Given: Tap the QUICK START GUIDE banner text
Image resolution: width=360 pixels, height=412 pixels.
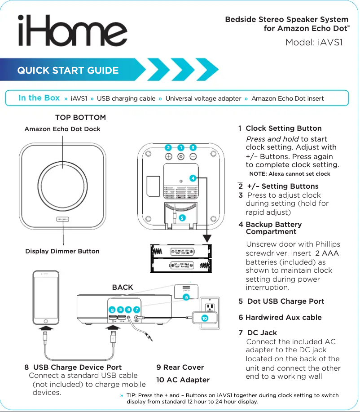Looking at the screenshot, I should [68, 71].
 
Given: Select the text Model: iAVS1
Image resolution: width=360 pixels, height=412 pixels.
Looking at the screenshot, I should [314, 43].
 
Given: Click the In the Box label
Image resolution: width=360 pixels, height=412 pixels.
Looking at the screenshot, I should [39, 98].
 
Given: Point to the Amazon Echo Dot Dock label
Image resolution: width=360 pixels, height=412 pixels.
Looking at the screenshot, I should [62, 129].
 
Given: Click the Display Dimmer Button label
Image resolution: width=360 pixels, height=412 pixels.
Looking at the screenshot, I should [62, 251].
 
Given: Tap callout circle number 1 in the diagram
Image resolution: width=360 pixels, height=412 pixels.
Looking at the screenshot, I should [180, 147].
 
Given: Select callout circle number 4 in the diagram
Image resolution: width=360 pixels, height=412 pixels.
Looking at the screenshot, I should [192, 178].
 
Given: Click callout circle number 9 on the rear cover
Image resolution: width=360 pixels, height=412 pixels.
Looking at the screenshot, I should [186, 297].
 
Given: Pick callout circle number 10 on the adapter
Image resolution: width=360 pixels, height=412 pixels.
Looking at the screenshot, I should [204, 318].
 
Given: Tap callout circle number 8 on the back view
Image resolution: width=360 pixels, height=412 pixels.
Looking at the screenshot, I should [112, 310].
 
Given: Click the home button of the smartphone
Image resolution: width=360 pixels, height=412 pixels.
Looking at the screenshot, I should [45, 321].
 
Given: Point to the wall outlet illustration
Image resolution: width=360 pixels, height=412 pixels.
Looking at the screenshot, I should [209, 307].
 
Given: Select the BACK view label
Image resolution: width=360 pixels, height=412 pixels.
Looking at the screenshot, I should [122, 287].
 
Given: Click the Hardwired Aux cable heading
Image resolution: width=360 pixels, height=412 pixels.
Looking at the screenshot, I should [280, 318].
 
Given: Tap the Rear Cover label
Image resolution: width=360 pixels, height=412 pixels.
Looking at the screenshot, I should [180, 368].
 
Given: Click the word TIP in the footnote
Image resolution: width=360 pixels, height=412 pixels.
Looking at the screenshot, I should [132, 395].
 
